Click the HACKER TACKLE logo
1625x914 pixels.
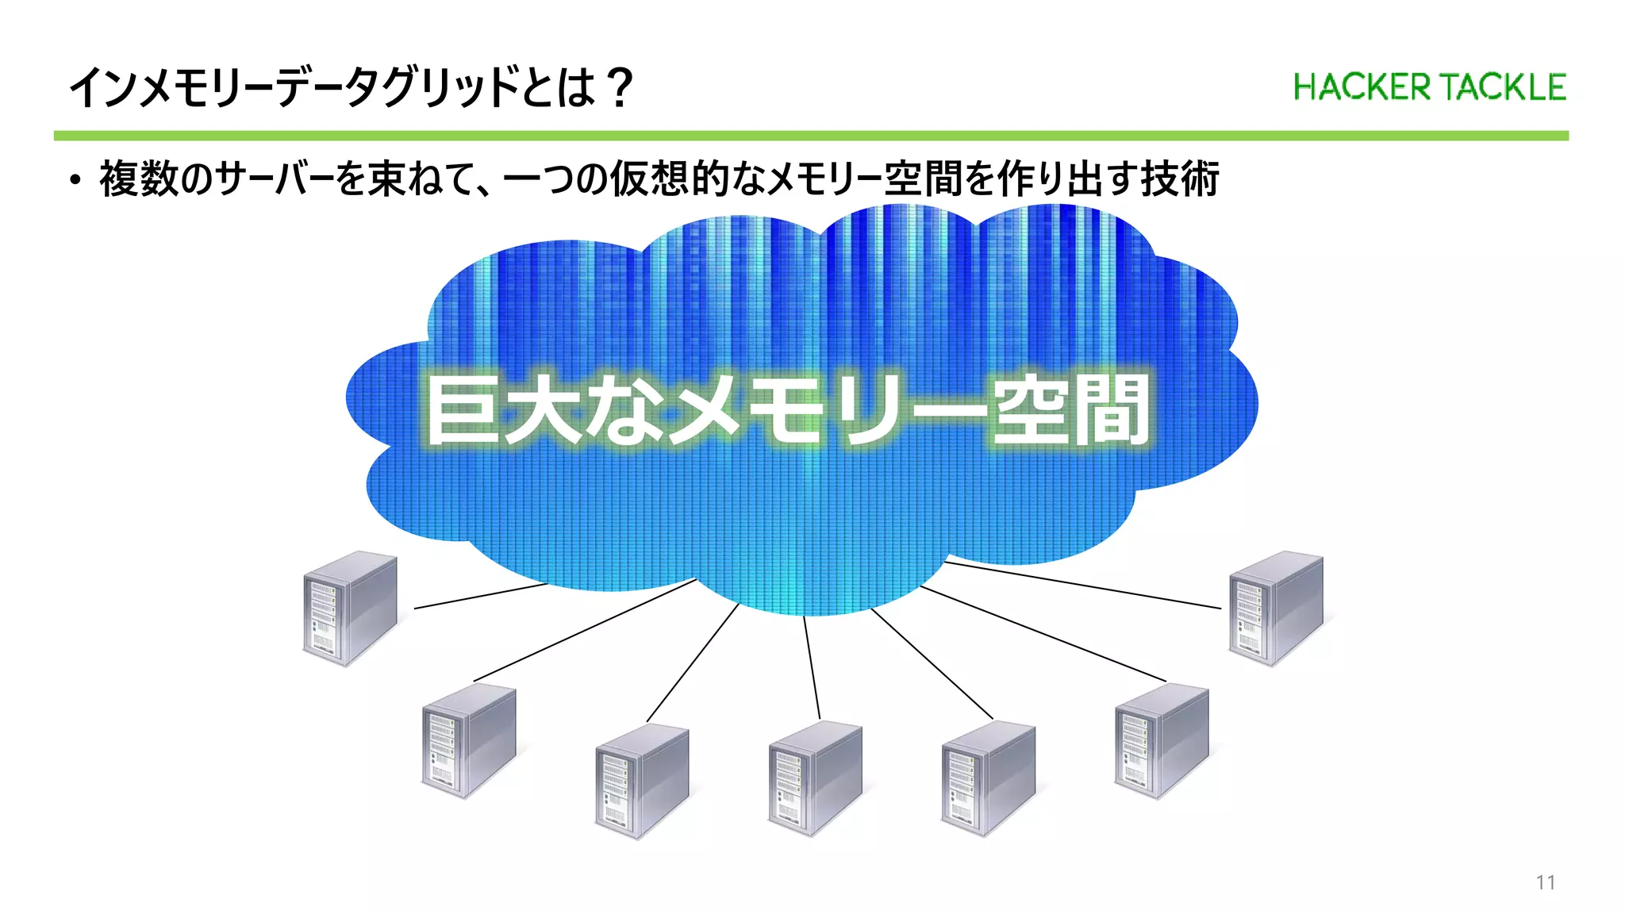pos(1429,87)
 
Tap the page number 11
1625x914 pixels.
pos(1545,882)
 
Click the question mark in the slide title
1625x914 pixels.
pos(618,87)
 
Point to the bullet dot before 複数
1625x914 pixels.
pos(75,180)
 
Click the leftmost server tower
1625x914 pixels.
pos(350,608)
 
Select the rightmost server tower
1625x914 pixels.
pos(1276,608)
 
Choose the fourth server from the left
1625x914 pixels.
pos(815,778)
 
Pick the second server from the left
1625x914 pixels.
pos(468,739)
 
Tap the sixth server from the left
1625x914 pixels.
pos(1161,739)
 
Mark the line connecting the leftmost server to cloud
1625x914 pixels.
pos(481,596)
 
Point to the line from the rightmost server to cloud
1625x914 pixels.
pos(1083,586)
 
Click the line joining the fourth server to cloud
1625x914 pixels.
pos(812,668)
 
